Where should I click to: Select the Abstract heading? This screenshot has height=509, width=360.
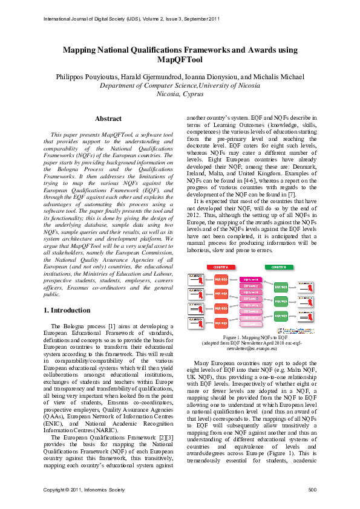108,118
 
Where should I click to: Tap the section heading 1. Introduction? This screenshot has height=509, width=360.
68,310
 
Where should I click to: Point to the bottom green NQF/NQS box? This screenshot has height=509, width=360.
281,315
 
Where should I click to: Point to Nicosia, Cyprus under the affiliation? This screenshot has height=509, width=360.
180,94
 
